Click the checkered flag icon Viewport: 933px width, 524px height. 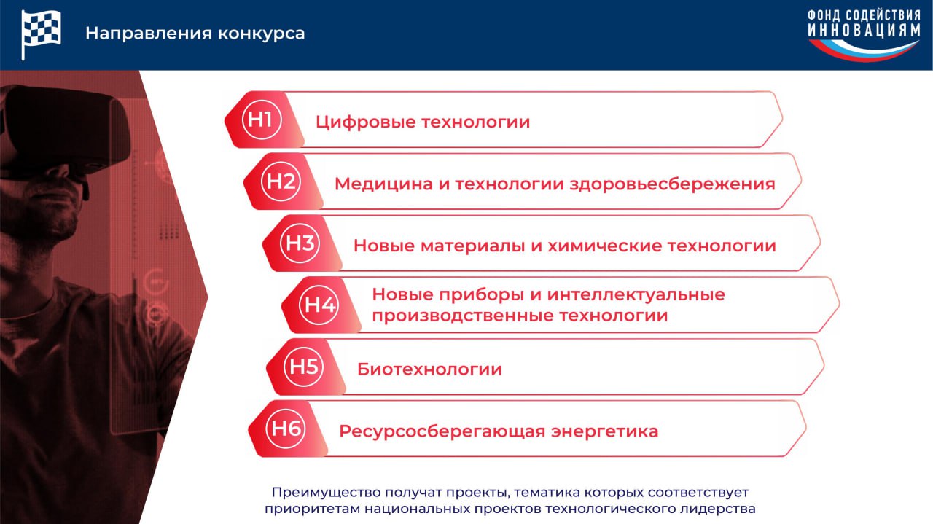[x=41, y=34]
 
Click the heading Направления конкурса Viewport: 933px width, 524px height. [x=195, y=34]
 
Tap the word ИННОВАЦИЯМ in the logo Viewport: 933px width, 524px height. [x=864, y=31]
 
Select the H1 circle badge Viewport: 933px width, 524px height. [x=262, y=120]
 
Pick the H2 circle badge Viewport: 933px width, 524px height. [x=281, y=181]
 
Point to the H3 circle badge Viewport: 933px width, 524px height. [x=300, y=243]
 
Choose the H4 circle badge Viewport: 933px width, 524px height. [x=319, y=305]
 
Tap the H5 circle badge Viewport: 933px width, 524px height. [x=303, y=367]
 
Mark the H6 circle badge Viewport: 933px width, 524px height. [x=285, y=429]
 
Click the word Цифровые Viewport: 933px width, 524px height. [x=366, y=122]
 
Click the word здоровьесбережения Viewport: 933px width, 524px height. [x=672, y=184]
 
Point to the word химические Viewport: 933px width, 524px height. [x=605, y=246]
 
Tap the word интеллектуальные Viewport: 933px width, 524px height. [x=636, y=295]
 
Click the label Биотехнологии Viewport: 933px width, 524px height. [x=429, y=369]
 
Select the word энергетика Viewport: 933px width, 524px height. [x=605, y=431]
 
